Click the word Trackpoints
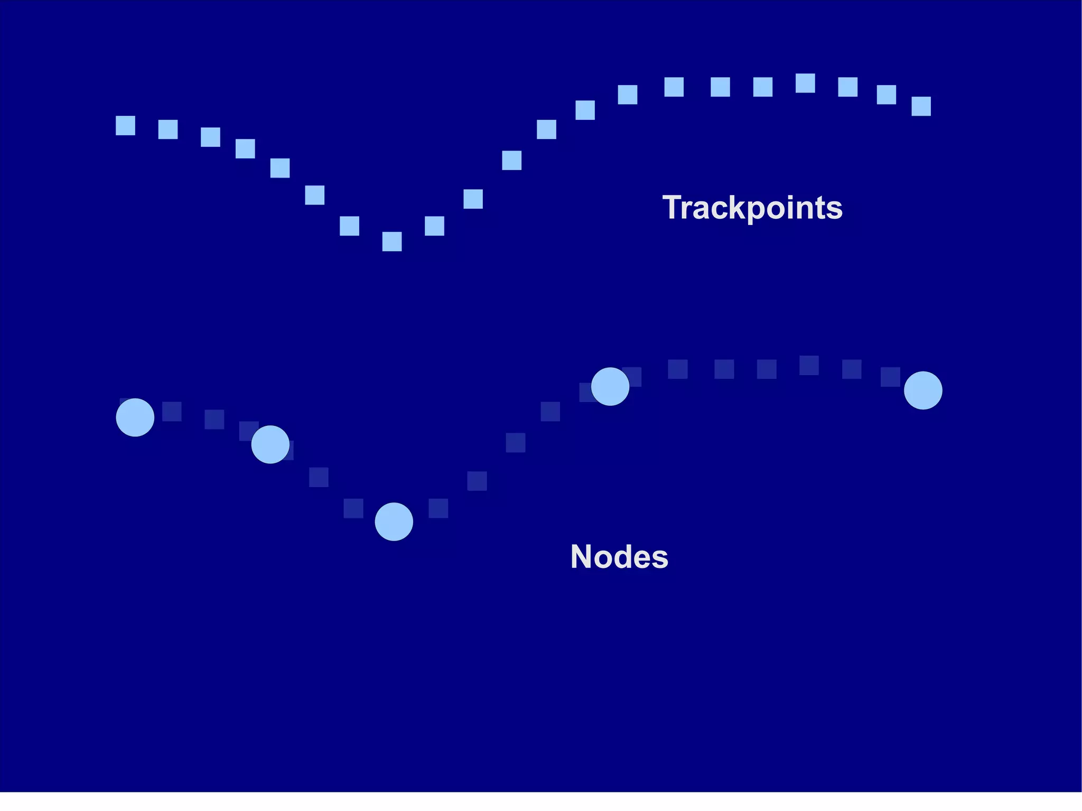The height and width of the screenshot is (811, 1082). pyautogui.click(x=752, y=208)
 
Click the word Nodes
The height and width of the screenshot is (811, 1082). pyautogui.click(x=619, y=557)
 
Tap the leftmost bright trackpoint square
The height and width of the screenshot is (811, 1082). pyautogui.click(x=125, y=126)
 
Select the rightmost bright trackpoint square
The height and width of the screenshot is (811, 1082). pyautogui.click(x=921, y=106)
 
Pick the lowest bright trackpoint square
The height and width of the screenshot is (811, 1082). pyautogui.click(x=392, y=241)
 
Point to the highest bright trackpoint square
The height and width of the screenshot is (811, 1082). pyautogui.click(x=805, y=83)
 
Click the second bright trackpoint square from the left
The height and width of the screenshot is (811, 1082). pyautogui.click(x=168, y=129)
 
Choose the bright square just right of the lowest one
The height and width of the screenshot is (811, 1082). pyautogui.click(x=434, y=226)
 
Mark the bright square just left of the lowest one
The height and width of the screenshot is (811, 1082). pyautogui.click(x=349, y=226)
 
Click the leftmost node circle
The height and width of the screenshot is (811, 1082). pyautogui.click(x=135, y=417)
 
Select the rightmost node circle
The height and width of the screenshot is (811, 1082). pyautogui.click(x=923, y=390)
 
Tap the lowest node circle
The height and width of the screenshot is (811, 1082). pyautogui.click(x=394, y=521)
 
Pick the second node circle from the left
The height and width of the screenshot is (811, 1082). pyautogui.click(x=270, y=444)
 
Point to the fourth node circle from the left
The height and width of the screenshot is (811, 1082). pyautogui.click(x=610, y=386)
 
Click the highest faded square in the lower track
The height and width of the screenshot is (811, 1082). pyautogui.click(x=809, y=365)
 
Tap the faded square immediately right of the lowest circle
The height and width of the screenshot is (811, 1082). pyautogui.click(x=439, y=508)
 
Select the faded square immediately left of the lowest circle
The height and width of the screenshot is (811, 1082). pyautogui.click(x=353, y=508)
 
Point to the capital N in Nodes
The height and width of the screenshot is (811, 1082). pyautogui.click(x=581, y=556)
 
